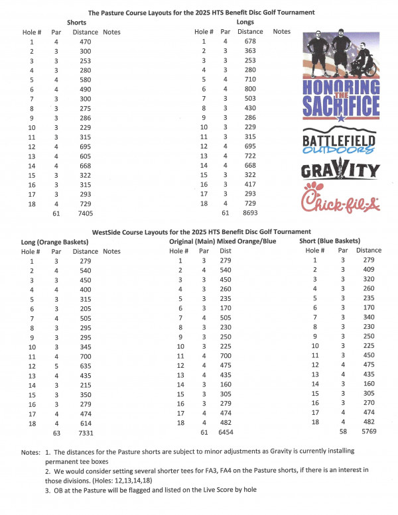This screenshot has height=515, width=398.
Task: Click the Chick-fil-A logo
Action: pos(340,200)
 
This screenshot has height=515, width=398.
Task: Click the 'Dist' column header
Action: pos(226,252)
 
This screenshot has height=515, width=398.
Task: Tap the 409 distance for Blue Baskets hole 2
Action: pos(369,270)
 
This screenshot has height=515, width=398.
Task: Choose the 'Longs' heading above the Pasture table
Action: pos(246,22)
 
